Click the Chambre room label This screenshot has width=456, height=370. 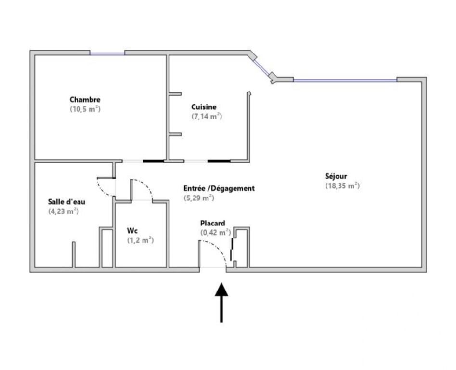85,100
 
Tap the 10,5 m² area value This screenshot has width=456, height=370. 85,109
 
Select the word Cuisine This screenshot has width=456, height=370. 204,107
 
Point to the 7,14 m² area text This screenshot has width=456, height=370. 207,117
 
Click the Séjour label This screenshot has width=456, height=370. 336,176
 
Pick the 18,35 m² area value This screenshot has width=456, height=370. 342,185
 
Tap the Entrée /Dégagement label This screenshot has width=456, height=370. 219,188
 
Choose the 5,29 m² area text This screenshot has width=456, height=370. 199,198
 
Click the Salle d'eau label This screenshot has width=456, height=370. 66,201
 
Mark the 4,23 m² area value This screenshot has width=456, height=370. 64,211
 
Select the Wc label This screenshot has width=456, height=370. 132,231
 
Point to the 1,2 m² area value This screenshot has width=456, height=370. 141,240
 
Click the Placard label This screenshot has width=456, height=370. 212,224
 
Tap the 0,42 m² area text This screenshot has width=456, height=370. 216,233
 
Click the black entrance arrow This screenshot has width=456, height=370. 221,303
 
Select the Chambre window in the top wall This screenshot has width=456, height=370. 107,53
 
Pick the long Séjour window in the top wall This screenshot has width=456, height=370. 345,80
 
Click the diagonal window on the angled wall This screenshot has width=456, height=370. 261,67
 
